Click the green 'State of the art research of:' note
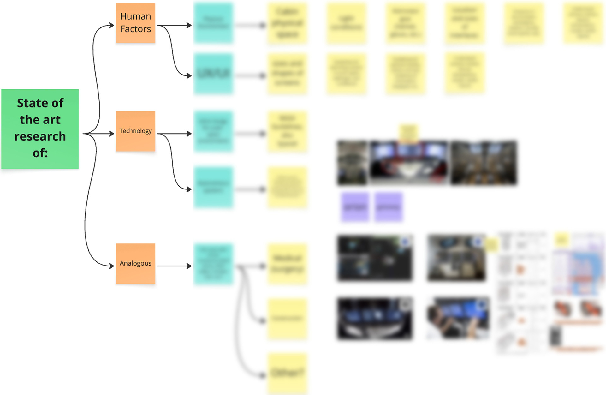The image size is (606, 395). coord(40,129)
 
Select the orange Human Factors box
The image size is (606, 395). coord(135,23)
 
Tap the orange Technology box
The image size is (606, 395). coord(135,131)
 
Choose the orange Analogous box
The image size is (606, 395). coord(135,263)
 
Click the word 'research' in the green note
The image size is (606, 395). coord(40,136)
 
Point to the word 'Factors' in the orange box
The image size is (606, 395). coord(135,29)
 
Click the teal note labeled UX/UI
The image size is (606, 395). coord(213,74)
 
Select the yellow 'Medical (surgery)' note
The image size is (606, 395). coord(287,264)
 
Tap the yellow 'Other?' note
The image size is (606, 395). coord(287,373)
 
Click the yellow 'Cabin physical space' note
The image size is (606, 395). coord(287,23)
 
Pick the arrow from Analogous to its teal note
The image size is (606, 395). coord(174,266)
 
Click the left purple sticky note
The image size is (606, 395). coord(355,207)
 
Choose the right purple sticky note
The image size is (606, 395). coord(389,207)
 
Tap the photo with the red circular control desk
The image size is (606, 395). coord(408,163)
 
